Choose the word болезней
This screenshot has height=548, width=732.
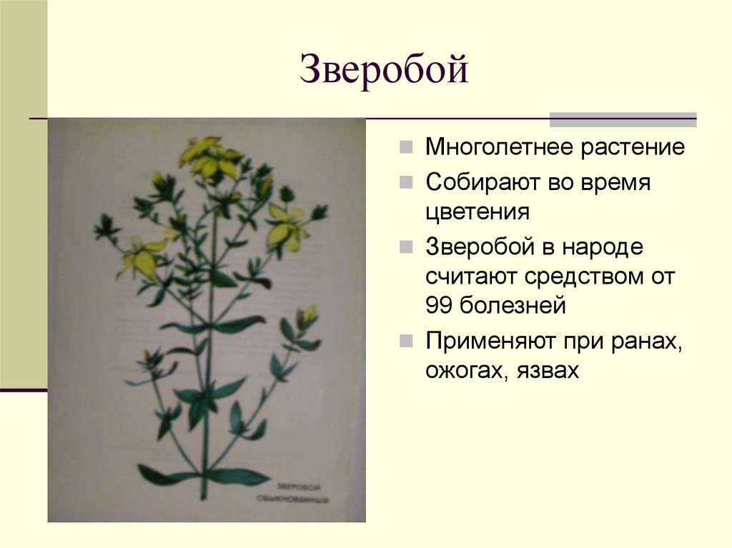pos(512,306)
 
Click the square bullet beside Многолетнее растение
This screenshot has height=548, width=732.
pos(405,149)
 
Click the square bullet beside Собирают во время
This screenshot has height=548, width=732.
pos(405,182)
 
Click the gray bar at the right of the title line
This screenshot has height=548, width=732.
pos(623,119)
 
